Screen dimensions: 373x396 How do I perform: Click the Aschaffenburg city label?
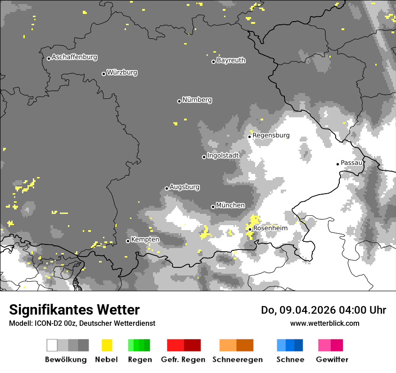pyautogui.click(x=74, y=58)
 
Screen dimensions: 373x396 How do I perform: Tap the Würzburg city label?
pyautogui.click(x=122, y=72)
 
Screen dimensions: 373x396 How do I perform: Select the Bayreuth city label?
pyautogui.click(x=231, y=60)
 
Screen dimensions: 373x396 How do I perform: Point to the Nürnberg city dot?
pyautogui.click(x=179, y=101)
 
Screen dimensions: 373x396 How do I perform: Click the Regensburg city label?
pyautogui.click(x=271, y=135)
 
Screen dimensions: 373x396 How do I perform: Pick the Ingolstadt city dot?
pyautogui.click(x=204, y=157)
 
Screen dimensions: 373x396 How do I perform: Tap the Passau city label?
pyautogui.click(x=351, y=163)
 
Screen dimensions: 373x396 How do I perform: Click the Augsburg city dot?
pyautogui.click(x=166, y=188)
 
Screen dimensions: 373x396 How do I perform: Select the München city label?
pyautogui.click(x=230, y=205)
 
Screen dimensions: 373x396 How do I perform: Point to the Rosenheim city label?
pyautogui.click(x=270, y=228)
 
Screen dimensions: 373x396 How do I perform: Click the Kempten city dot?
pyautogui.click(x=128, y=241)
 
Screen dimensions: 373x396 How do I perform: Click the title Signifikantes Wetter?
pyautogui.click(x=74, y=310)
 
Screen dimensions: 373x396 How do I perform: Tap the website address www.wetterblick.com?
pyautogui.click(x=325, y=323)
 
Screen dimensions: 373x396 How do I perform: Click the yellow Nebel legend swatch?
pyautogui.click(x=107, y=345)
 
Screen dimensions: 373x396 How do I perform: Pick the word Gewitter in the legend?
pyautogui.click(x=332, y=360)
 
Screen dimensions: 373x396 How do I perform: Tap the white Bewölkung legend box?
pyautogui.click(x=52, y=345)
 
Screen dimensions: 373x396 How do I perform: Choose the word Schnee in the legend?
pyautogui.click(x=290, y=360)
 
